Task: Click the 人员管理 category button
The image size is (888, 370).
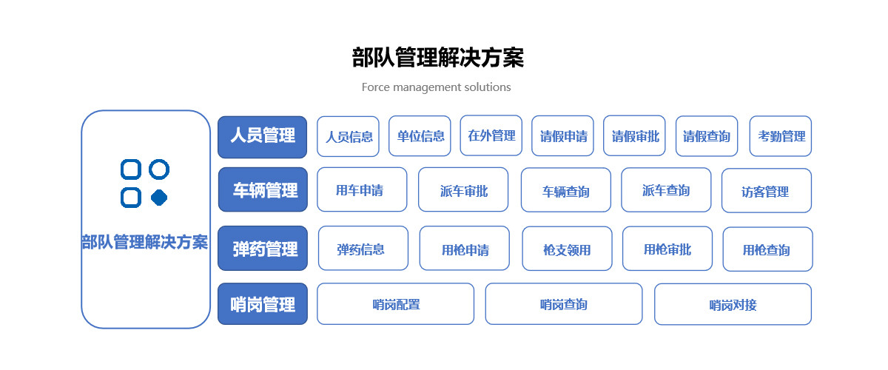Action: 263,137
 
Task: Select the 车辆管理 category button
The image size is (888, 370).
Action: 263,189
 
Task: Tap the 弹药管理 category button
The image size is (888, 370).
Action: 263,248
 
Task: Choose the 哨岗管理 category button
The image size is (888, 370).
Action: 263,304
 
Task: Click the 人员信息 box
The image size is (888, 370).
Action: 348,136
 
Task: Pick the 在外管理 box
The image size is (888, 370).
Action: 491,135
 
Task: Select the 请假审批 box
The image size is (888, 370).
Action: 634,136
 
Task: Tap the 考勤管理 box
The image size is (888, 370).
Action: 781,136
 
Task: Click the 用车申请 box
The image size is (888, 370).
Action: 362,189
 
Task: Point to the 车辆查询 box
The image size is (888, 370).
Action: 566,190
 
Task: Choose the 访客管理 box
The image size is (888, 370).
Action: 767,191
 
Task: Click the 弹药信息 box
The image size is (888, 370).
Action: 363,248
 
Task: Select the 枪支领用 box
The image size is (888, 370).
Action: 568,249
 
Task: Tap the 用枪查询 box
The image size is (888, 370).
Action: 768,249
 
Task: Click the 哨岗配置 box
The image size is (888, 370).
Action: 396,304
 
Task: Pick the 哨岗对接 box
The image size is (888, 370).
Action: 733,304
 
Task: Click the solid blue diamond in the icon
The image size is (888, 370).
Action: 159,198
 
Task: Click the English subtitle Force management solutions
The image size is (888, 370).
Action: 436,87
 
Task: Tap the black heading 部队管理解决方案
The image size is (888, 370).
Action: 438,58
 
